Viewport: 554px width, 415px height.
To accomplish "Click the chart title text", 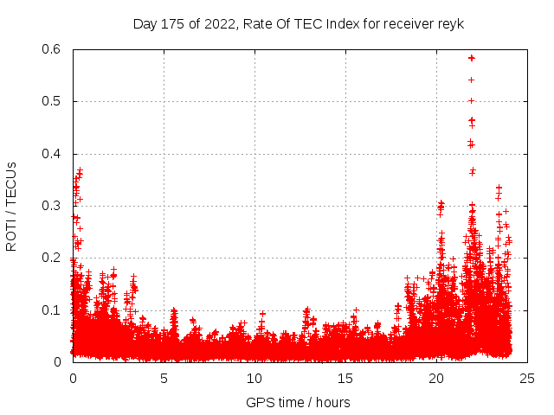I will (x=299, y=24).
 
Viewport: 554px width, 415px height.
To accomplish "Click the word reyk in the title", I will (x=451, y=24).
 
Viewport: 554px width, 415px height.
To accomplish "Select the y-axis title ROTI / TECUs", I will (x=11, y=206).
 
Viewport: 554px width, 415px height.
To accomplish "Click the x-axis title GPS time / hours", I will (x=298, y=402).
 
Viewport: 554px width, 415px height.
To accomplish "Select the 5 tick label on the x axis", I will (x=164, y=378).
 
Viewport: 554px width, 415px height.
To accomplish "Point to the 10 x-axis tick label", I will (x=254, y=378).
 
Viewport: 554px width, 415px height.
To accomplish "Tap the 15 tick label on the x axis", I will (x=345, y=378).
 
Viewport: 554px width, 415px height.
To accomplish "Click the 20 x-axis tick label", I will (x=436, y=378).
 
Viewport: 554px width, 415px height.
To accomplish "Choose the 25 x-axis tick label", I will (x=527, y=378).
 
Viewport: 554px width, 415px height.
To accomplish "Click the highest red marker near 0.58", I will (x=471, y=58).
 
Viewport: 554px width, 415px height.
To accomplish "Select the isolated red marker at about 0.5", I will (x=471, y=100).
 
